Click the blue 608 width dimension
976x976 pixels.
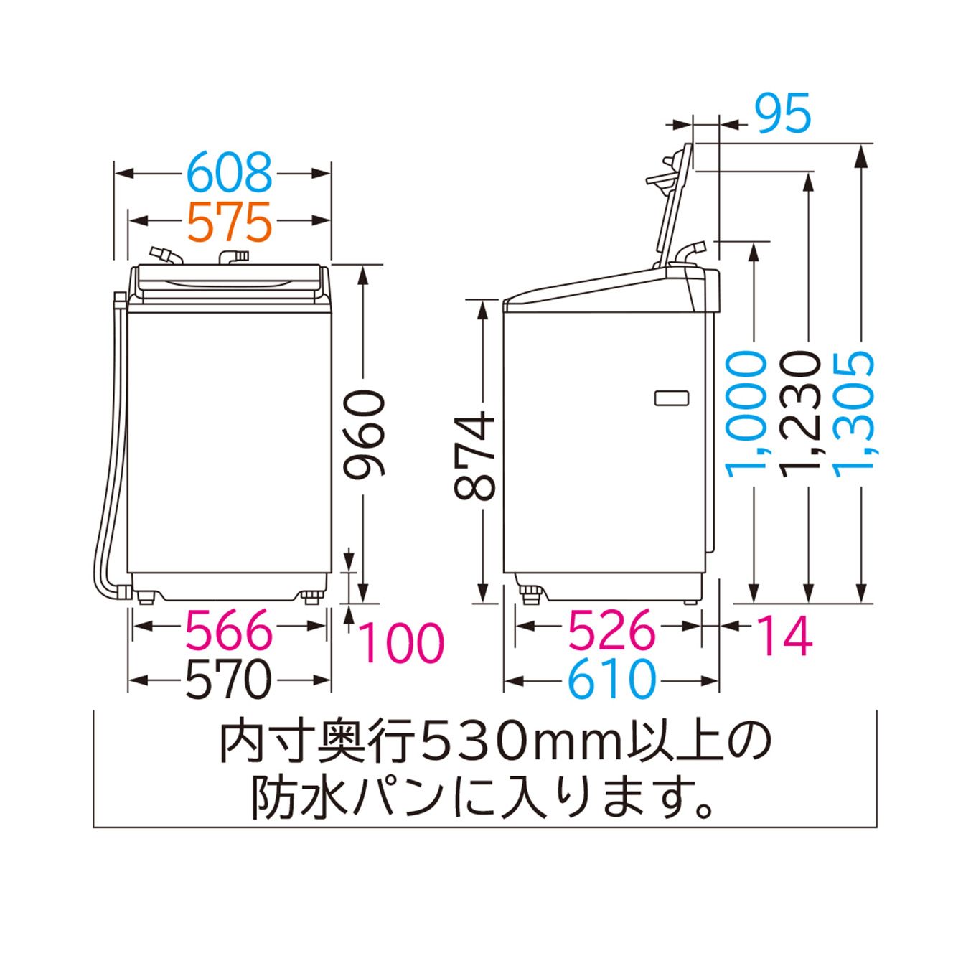coord(230,173)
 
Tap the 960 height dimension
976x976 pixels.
coord(364,433)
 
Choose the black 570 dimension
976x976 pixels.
coord(230,680)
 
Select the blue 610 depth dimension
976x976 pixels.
coord(611,680)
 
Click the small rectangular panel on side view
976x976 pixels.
coord(670,398)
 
